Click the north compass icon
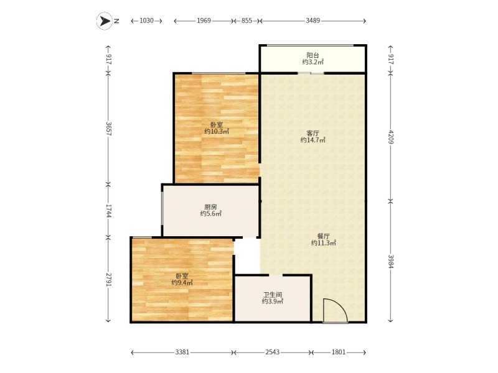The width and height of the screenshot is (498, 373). pyautogui.click(x=103, y=21)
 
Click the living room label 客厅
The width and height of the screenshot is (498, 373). pyautogui.click(x=312, y=133)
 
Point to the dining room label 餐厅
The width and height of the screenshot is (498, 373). pyautogui.click(x=323, y=236)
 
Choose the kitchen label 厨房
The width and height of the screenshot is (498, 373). pyautogui.click(x=210, y=207)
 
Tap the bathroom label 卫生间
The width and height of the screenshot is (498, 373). pyautogui.click(x=272, y=295)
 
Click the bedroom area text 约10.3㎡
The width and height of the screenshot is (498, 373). pyautogui.click(x=216, y=131)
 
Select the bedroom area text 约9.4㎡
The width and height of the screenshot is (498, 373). pyautogui.click(x=182, y=283)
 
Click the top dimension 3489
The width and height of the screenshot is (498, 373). pyautogui.click(x=312, y=21)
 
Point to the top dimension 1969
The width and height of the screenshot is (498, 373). pyautogui.click(x=204, y=21)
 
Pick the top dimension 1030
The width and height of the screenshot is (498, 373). pyautogui.click(x=146, y=21)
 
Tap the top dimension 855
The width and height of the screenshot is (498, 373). pyautogui.click(x=247, y=21)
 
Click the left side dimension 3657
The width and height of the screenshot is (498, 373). pyautogui.click(x=108, y=129)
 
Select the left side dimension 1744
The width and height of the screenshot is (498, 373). pyautogui.click(x=108, y=211)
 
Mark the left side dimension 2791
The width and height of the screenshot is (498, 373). pyautogui.click(x=108, y=280)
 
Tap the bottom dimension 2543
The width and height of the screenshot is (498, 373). pyautogui.click(x=272, y=352)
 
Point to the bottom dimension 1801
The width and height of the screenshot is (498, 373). pyautogui.click(x=338, y=352)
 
